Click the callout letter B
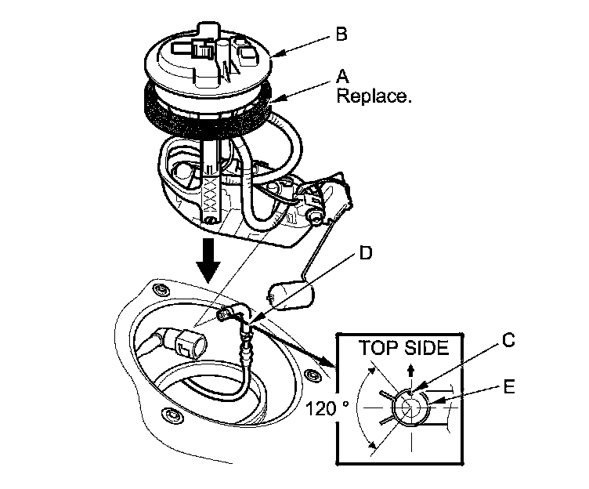coord(341,34)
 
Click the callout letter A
coord(342,78)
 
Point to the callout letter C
coord(508,341)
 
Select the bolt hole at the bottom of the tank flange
coord(165,414)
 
